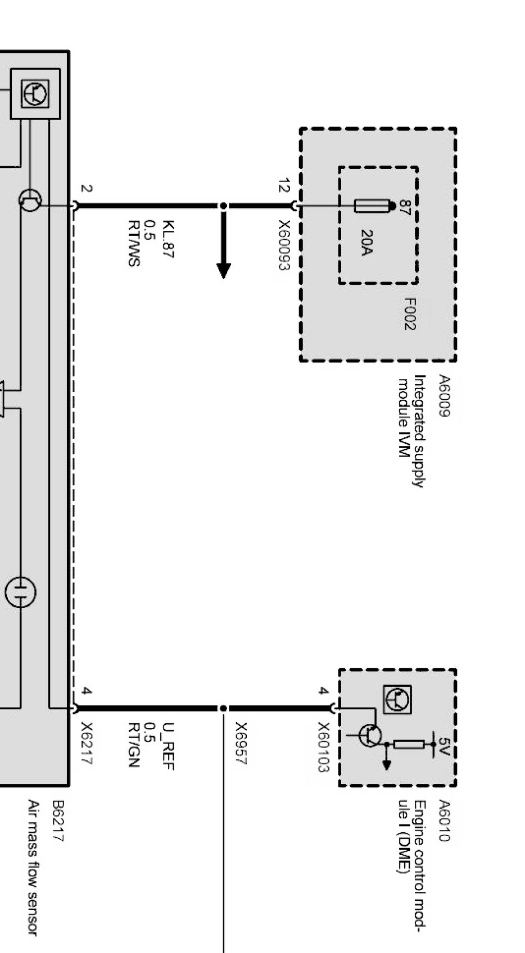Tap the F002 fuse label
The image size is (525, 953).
click(410, 314)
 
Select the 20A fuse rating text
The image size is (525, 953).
click(366, 243)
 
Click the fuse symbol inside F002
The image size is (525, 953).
click(373, 206)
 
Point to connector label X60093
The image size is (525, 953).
click(284, 245)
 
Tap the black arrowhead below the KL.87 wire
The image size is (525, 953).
click(224, 271)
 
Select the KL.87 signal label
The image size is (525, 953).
click(168, 239)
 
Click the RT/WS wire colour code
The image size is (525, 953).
click(134, 243)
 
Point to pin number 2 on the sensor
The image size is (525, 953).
click(87, 189)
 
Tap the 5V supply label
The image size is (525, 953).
click(443, 747)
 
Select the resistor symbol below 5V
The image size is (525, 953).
click(408, 744)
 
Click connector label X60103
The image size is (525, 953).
click(324, 747)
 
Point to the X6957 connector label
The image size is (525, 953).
click(242, 743)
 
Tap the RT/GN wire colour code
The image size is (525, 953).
click(134, 745)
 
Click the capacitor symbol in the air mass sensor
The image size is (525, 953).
click(20, 592)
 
